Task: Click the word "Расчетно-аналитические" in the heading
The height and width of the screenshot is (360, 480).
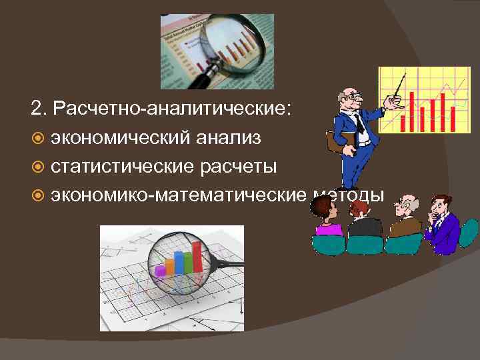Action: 173,108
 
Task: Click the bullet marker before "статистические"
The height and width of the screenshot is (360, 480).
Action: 37,167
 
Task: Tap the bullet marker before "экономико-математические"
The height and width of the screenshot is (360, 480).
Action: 37,195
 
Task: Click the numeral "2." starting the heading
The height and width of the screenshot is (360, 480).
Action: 39,108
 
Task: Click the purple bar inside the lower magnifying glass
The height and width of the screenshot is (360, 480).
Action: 161,271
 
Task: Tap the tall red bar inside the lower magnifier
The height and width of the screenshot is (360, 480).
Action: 197,257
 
